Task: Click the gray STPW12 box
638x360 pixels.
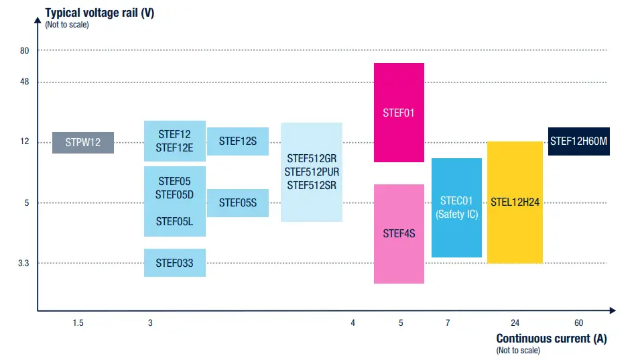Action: click(83, 143)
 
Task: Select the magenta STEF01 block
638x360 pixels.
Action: click(399, 113)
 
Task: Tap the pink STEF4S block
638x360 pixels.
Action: click(399, 233)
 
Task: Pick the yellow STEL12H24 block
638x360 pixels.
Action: click(515, 202)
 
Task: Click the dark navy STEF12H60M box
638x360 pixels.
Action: click(579, 141)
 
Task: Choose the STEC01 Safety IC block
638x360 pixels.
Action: click(456, 207)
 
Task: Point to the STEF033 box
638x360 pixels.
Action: click(175, 263)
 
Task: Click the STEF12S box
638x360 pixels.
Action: click(238, 141)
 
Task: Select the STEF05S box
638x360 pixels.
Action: click(238, 202)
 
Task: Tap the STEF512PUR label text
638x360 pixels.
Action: click(312, 172)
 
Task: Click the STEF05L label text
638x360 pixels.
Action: click(175, 221)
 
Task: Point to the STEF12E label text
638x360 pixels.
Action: click(175, 148)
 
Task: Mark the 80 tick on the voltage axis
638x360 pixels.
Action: click(24, 50)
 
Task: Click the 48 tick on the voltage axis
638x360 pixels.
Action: click(24, 82)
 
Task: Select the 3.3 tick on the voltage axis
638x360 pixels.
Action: click(23, 263)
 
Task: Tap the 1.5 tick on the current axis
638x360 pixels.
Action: click(78, 323)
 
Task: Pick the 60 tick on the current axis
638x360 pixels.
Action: click(579, 323)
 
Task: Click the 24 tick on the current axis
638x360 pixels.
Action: click(515, 323)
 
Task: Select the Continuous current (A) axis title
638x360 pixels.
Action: click(552, 339)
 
